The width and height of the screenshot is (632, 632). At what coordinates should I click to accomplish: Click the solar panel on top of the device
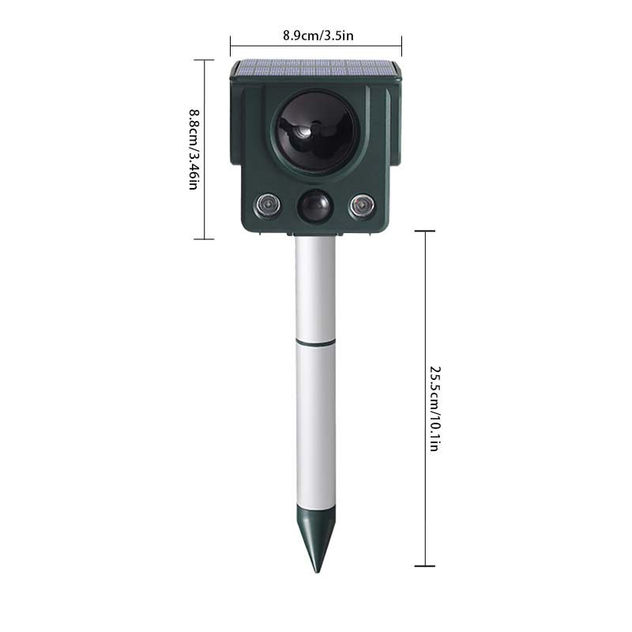click(315, 68)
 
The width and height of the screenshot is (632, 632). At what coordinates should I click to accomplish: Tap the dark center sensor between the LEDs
click(314, 208)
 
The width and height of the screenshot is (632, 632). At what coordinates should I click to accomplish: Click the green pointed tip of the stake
click(314, 541)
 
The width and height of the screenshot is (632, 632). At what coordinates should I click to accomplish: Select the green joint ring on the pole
click(315, 343)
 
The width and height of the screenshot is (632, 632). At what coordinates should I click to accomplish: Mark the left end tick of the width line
click(230, 46)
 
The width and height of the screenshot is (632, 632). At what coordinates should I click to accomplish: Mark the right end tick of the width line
click(401, 46)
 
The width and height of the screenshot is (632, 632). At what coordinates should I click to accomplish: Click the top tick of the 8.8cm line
click(204, 60)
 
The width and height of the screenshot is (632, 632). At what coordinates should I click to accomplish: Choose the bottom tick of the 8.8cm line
click(204, 238)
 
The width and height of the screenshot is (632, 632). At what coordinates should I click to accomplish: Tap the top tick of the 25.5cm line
click(425, 231)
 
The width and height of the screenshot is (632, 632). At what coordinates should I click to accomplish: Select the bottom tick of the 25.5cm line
click(425, 566)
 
